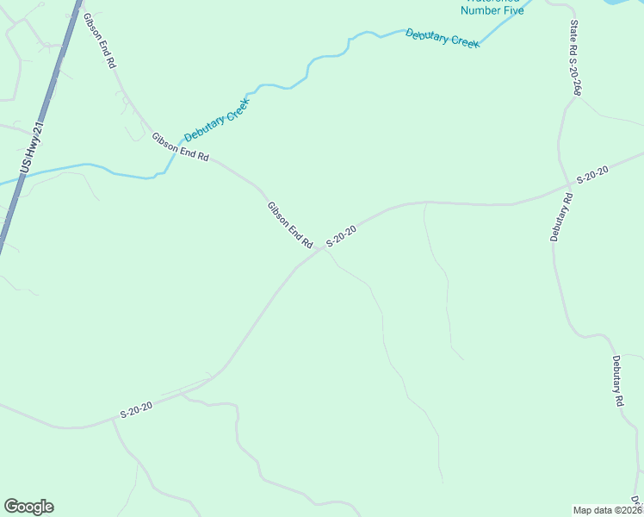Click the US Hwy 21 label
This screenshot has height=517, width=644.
[x=33, y=147]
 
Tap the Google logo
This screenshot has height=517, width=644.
[x=28, y=507]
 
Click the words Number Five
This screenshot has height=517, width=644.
[x=492, y=10]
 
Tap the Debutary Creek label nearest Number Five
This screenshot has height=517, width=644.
[x=443, y=38]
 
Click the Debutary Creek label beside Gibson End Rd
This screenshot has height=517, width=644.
[x=216, y=120]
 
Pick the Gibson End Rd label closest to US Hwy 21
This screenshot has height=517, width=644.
[x=100, y=41]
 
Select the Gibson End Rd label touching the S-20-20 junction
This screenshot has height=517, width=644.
[x=289, y=226]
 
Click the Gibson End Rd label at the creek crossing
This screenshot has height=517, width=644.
[x=180, y=147]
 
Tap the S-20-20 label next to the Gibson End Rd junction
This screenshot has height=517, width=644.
[x=341, y=235]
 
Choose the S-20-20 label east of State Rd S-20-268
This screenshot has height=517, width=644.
[x=592, y=175]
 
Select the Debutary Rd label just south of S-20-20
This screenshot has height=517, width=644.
[x=561, y=217]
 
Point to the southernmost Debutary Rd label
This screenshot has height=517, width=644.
[x=617, y=380]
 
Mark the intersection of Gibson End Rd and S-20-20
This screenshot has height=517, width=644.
[x=319, y=250]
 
